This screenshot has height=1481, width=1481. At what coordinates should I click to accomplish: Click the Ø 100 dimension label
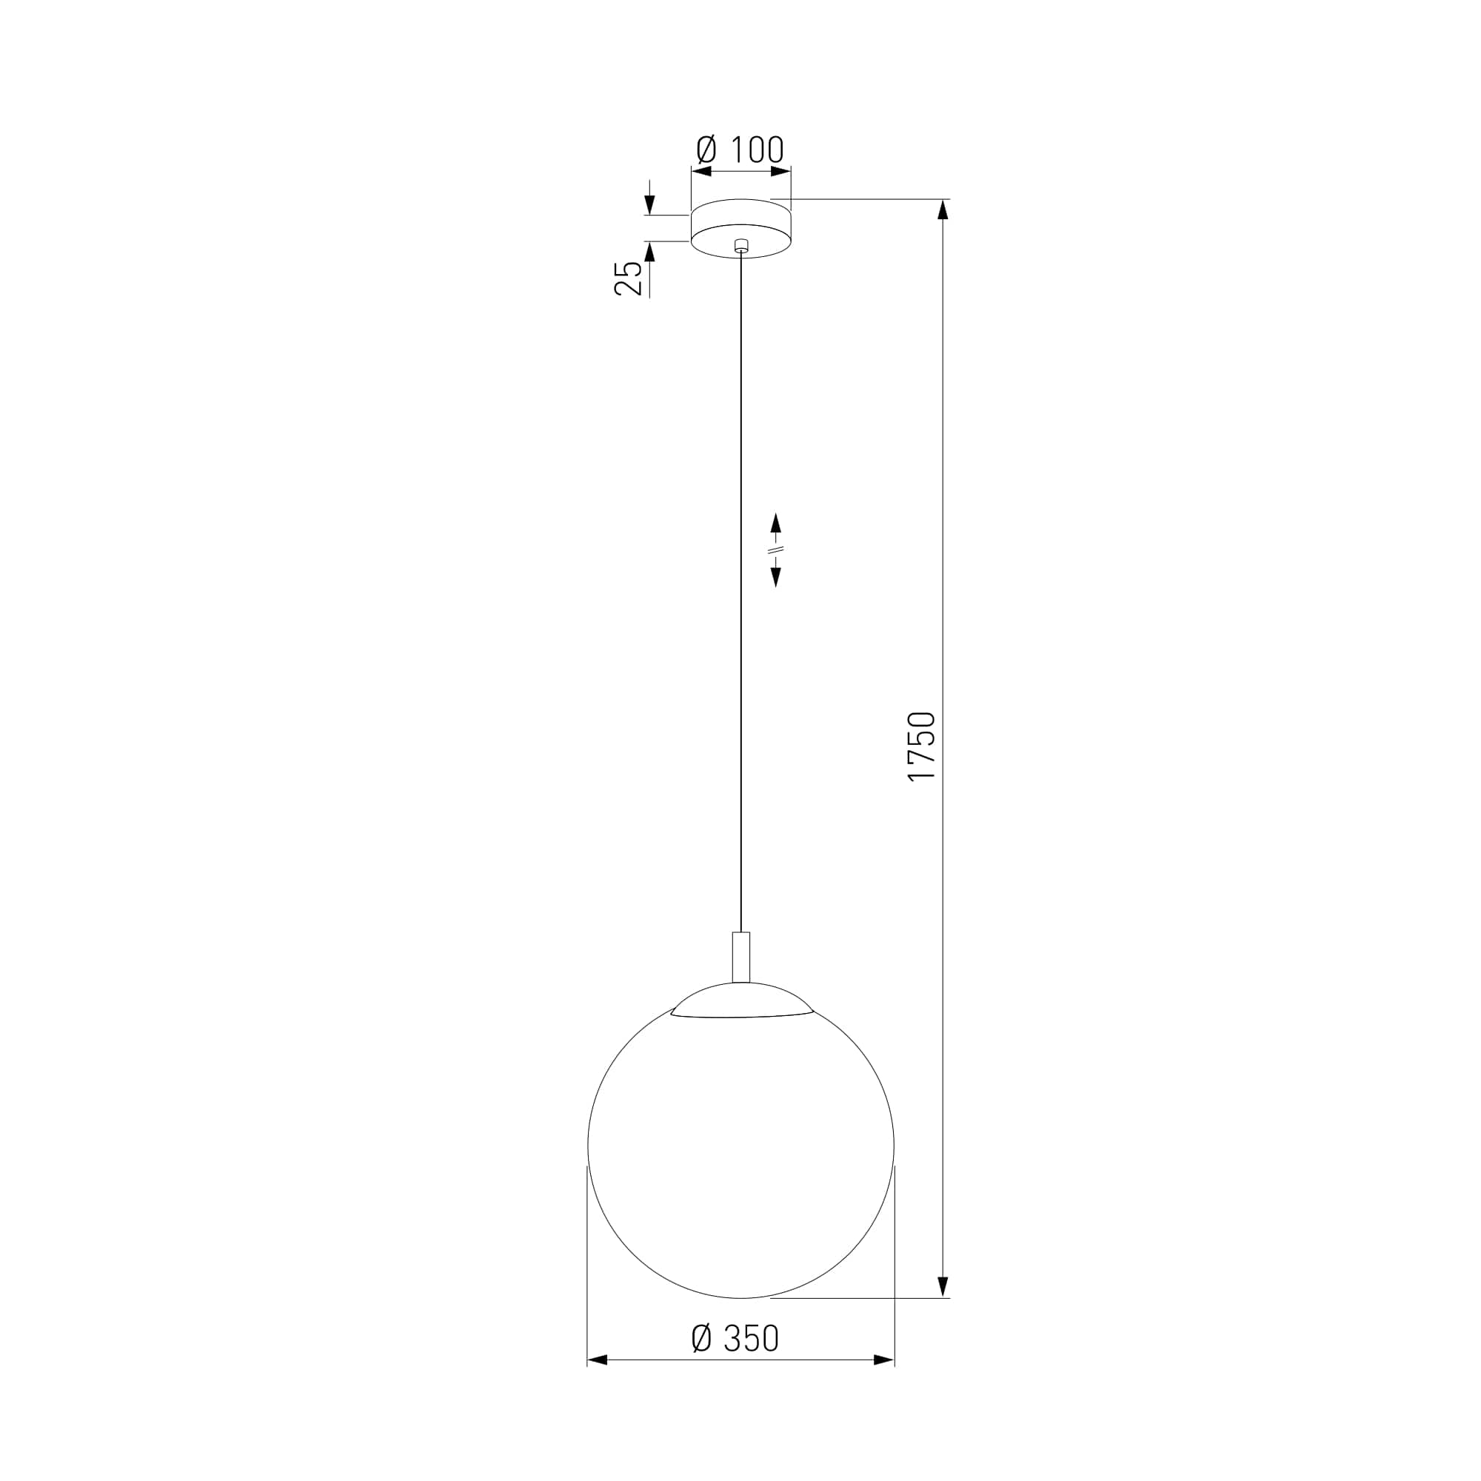[x=740, y=150]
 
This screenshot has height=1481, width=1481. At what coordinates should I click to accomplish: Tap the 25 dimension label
[x=629, y=278]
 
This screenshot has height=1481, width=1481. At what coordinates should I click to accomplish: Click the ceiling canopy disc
[x=741, y=228]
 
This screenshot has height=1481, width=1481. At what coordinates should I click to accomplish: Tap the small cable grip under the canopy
[x=740, y=246]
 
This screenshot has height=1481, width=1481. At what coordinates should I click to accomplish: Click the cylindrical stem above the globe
[x=741, y=957]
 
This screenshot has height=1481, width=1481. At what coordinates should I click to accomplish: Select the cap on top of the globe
[x=741, y=1000]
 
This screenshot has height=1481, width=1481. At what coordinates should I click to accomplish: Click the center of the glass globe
[x=740, y=1145]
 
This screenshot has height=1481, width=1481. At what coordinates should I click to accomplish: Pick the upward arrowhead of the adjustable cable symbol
[x=776, y=523]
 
